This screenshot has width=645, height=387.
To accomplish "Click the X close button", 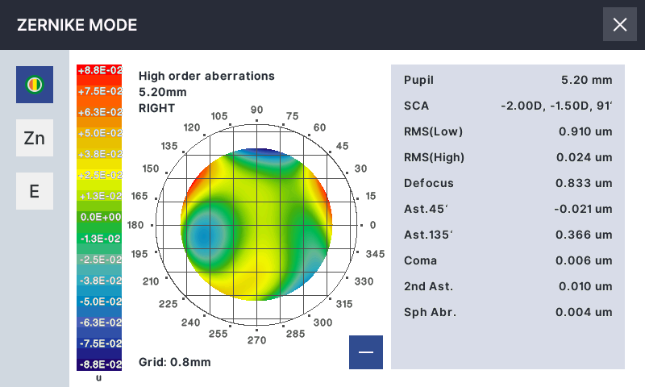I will (620, 24).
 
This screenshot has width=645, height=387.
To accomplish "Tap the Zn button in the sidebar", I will (35, 138).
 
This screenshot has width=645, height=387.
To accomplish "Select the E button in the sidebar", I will (35, 191).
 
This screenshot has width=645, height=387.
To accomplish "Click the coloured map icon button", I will (35, 84).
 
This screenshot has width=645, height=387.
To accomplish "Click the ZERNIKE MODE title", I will (77, 25).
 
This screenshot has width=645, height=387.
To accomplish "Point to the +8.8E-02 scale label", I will (99, 70).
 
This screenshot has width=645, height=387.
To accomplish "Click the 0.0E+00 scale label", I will (99, 217).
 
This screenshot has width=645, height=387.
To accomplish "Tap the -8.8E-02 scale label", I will (99, 364).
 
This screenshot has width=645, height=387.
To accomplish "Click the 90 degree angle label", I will (257, 110).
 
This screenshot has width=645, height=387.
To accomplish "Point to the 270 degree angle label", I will (256, 340).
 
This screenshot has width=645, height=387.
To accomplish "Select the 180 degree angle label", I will (135, 226).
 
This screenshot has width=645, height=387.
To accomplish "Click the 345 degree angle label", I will (375, 254).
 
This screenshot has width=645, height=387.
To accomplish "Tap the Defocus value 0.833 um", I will (584, 183).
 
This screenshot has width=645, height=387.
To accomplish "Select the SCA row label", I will (417, 106).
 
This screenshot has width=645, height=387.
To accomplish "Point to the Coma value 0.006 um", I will (584, 260).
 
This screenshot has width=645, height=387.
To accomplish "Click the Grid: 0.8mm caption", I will (174, 362).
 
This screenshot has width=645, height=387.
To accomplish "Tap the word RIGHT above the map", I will (156, 107).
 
